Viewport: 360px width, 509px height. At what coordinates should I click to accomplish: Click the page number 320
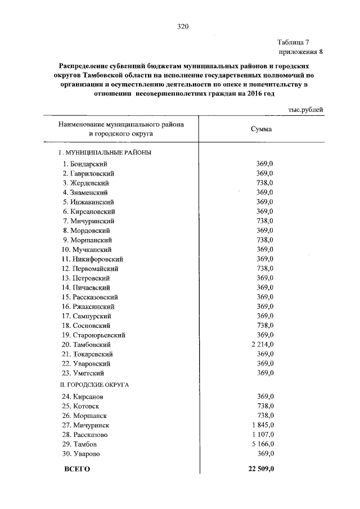[181, 26]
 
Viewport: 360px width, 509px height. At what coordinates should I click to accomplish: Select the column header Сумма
[261, 129]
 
